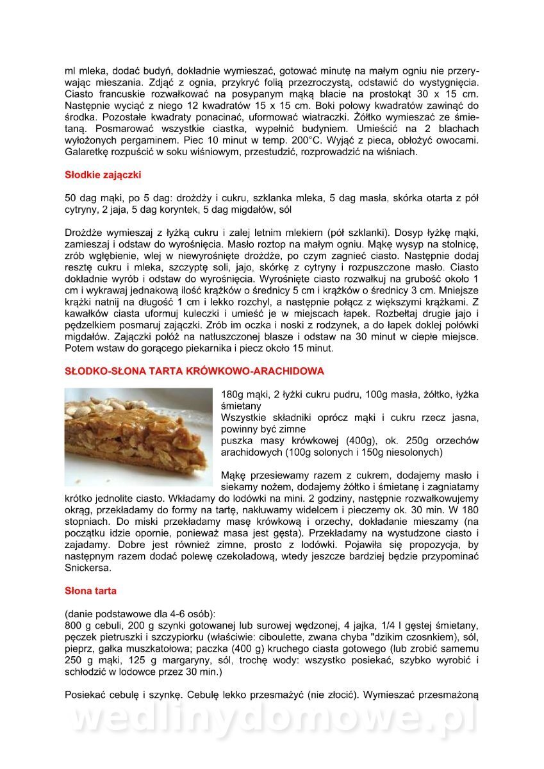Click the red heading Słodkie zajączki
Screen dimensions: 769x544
[103, 175]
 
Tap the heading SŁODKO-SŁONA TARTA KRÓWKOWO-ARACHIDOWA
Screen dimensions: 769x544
[194, 371]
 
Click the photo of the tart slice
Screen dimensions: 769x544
[138, 436]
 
